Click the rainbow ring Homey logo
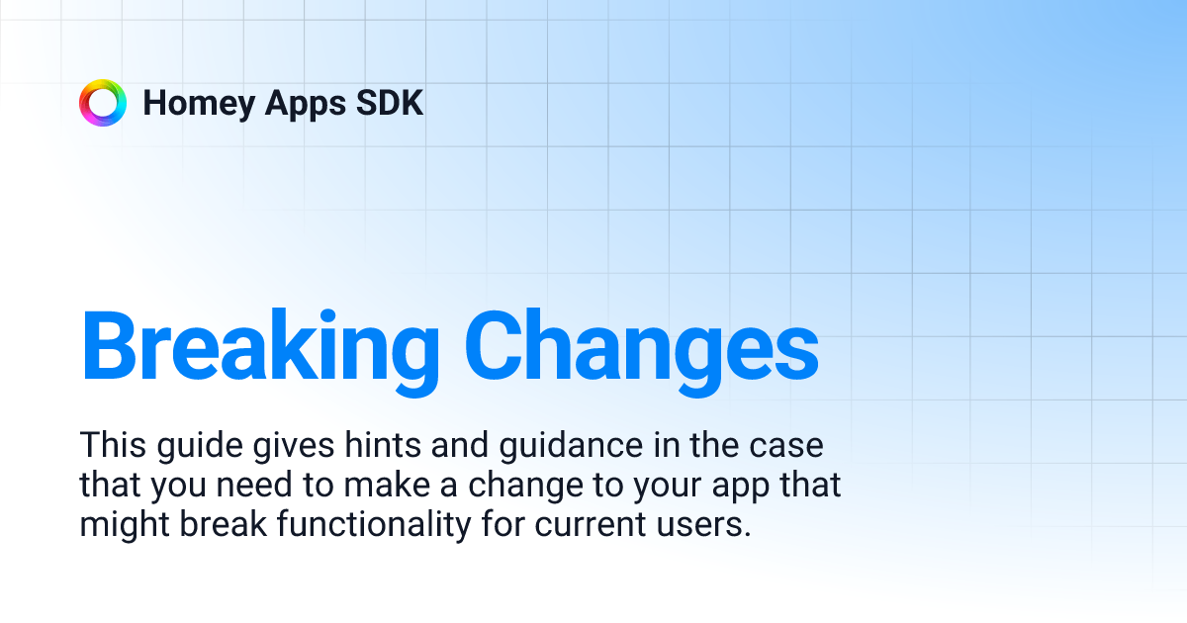point(103,103)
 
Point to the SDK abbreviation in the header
point(392,103)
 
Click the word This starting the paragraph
point(113,445)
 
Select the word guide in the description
point(192,447)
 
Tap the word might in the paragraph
point(123,525)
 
